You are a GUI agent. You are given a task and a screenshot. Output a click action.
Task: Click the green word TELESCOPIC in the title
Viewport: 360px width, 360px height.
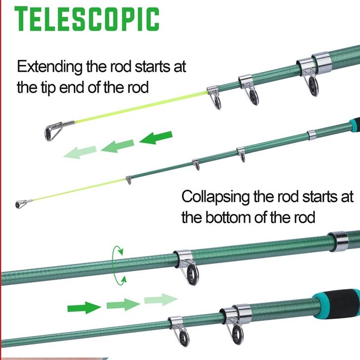87,19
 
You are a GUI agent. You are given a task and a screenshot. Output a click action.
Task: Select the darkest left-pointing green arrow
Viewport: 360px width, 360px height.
156,137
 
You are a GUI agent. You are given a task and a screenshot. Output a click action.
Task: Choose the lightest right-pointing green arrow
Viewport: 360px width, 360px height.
161,299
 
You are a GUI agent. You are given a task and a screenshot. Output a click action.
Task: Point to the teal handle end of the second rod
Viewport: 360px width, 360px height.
354,122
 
